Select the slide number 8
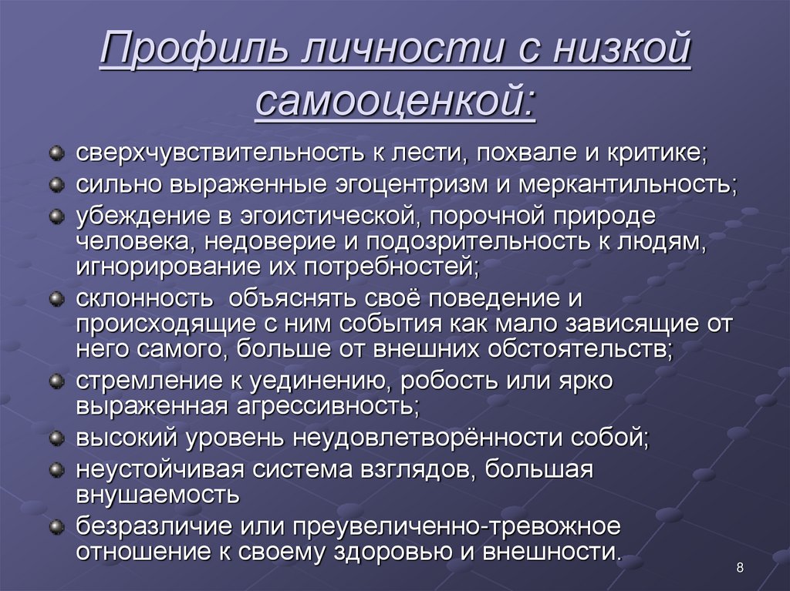tap(740, 569)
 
